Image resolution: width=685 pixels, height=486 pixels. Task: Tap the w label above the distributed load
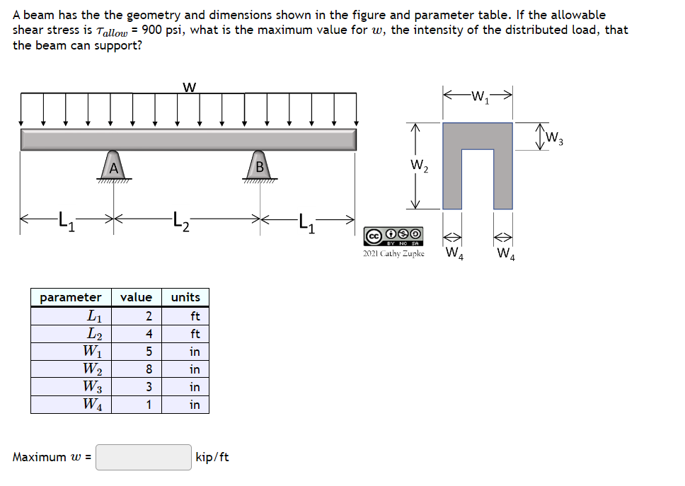(x=189, y=87)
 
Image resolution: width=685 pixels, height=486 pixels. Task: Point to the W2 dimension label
(x=418, y=168)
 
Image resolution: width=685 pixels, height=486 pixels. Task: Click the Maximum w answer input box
(x=144, y=457)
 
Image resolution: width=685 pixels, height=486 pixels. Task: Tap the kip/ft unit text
(x=212, y=457)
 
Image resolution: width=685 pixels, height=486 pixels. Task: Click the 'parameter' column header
(x=71, y=297)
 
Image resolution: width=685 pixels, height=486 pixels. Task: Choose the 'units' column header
(x=185, y=297)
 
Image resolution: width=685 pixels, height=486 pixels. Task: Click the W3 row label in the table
(x=91, y=387)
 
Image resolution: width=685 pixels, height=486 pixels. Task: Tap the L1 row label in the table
(x=93, y=316)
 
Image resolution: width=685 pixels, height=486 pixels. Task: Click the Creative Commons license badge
(x=394, y=235)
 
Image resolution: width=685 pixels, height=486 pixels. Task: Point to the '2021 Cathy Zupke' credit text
(x=393, y=253)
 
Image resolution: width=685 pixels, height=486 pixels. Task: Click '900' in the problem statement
(x=153, y=30)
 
